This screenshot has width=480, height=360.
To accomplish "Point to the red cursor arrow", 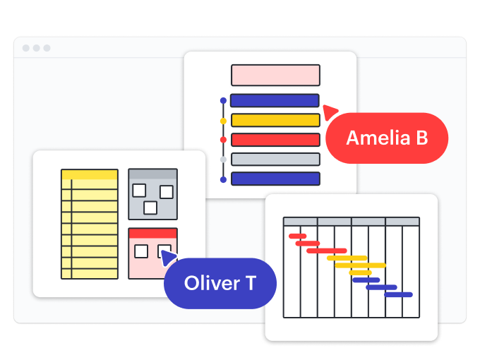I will click(x=330, y=111).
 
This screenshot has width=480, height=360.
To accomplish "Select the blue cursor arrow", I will click(x=168, y=258).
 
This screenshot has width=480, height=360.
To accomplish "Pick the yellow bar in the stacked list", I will click(x=275, y=120).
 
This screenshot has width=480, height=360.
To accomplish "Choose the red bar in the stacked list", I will click(x=275, y=140).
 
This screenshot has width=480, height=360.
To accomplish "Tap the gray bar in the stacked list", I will click(x=275, y=159).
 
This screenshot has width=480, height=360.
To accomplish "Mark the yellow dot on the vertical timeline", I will click(x=223, y=121).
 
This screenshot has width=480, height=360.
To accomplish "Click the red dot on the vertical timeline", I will click(x=223, y=140).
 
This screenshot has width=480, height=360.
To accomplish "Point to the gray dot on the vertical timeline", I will click(x=223, y=160).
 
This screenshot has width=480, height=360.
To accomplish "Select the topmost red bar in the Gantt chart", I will click(x=297, y=236).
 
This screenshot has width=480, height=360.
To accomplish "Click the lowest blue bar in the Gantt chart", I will click(x=398, y=294).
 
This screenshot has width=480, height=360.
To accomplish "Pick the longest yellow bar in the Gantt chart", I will click(x=361, y=265).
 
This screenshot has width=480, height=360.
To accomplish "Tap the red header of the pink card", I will click(x=152, y=233).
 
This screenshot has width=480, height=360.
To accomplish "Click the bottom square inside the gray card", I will click(x=150, y=208).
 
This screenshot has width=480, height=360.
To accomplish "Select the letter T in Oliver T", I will click(x=250, y=283).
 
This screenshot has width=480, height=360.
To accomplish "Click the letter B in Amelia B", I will click(x=421, y=138).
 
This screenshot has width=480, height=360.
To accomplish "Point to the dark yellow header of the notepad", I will click(x=89, y=174).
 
